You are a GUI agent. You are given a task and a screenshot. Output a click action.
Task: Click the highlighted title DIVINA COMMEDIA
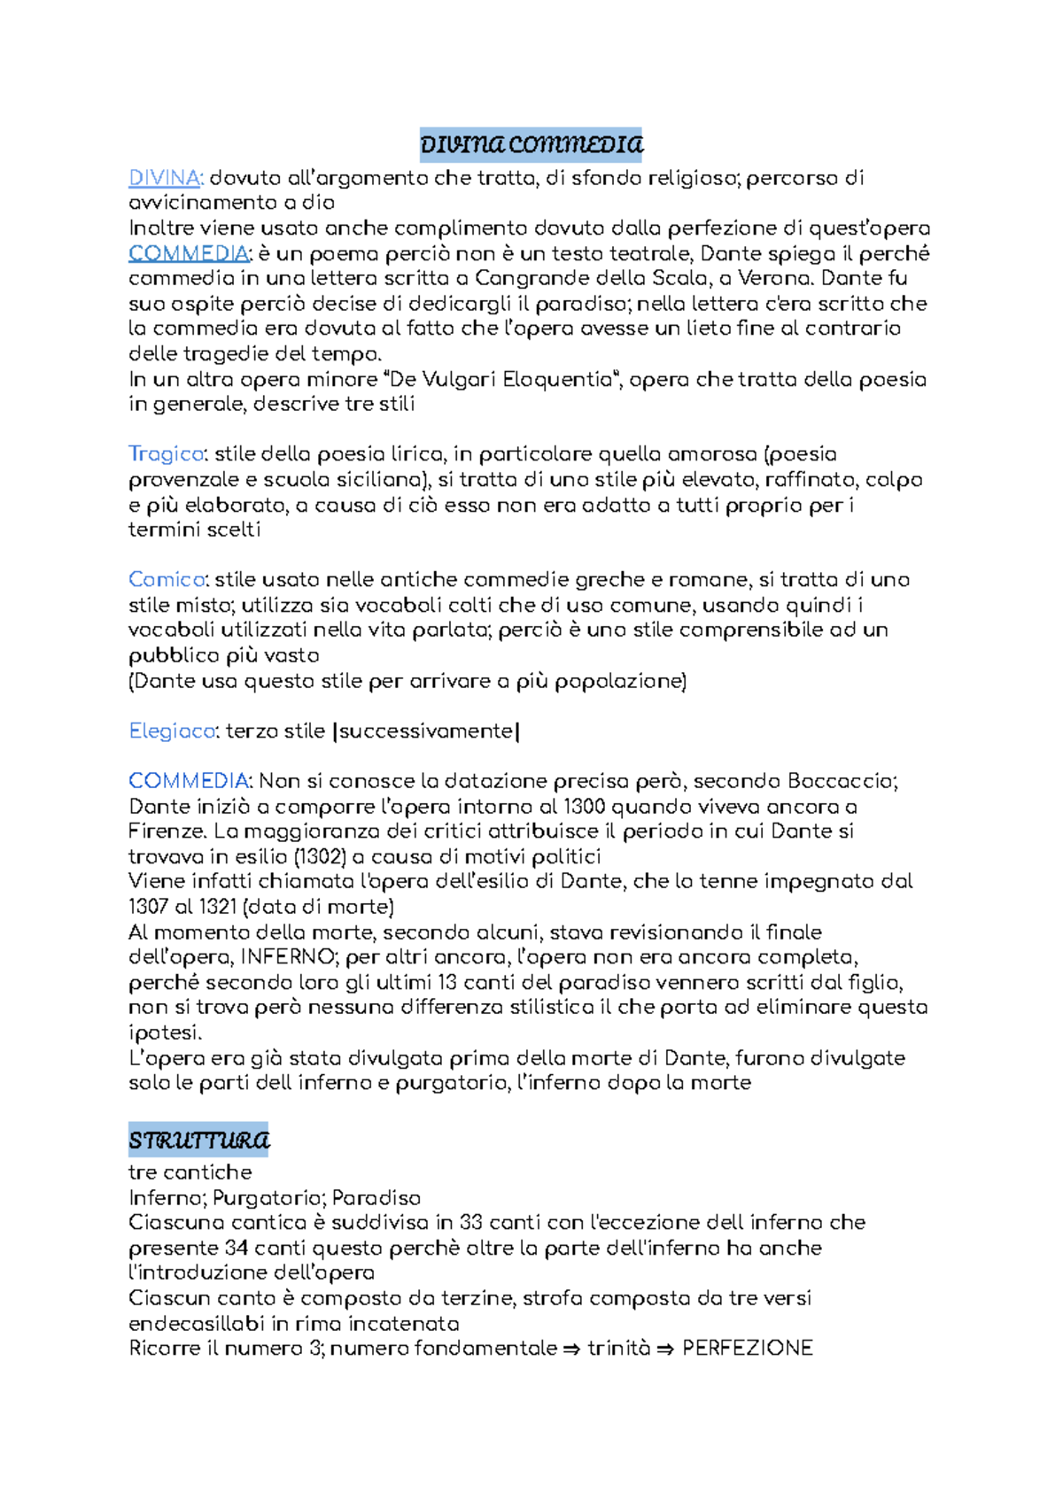click(531, 144)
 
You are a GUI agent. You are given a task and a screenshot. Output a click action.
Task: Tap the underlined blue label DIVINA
click(165, 178)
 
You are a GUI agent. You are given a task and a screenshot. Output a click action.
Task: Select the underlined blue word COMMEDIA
click(188, 253)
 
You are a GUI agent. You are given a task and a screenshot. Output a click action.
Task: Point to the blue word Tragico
click(167, 454)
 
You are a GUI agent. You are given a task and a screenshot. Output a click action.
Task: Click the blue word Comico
click(167, 580)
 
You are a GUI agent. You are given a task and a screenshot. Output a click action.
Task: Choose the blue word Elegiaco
click(172, 731)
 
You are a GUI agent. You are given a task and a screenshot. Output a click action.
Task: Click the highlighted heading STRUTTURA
click(198, 1140)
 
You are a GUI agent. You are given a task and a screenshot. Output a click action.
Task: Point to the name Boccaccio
click(841, 781)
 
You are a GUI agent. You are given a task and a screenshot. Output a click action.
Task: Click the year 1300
click(585, 807)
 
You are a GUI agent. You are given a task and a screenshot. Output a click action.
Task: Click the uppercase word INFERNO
click(287, 957)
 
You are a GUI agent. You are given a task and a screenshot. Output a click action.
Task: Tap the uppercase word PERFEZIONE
click(747, 1349)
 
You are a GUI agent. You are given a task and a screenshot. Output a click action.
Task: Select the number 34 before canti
click(236, 1248)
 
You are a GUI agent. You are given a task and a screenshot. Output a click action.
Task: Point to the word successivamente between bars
click(426, 731)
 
